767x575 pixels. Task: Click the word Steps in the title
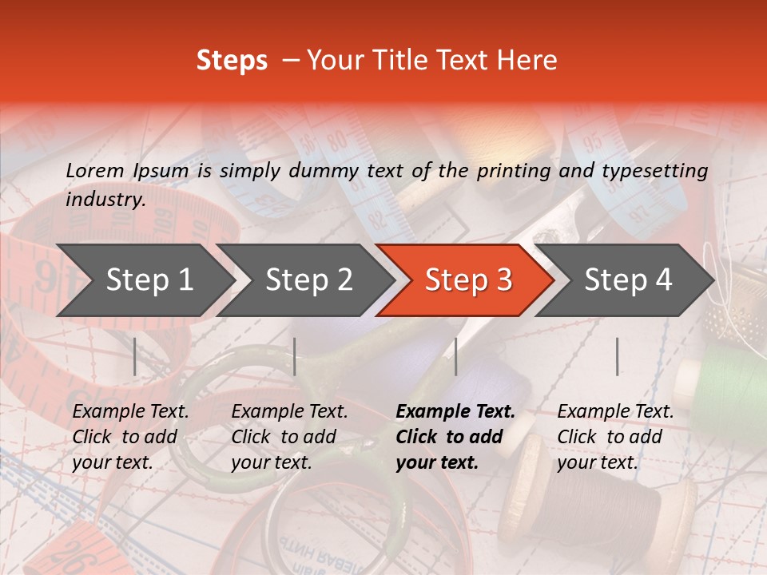pos(232,61)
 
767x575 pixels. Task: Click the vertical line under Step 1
pos(135,356)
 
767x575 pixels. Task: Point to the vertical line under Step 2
pos(295,356)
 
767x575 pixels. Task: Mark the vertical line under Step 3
pos(455,356)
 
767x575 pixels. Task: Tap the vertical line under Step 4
pos(617,356)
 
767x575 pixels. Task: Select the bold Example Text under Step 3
pos(455,437)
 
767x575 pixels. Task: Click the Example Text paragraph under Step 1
pos(130,437)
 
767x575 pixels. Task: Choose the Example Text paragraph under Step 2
pos(289,437)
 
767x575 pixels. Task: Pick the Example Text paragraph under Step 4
pos(615,437)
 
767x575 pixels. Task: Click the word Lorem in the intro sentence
pos(95,170)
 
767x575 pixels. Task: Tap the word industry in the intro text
pos(105,200)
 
